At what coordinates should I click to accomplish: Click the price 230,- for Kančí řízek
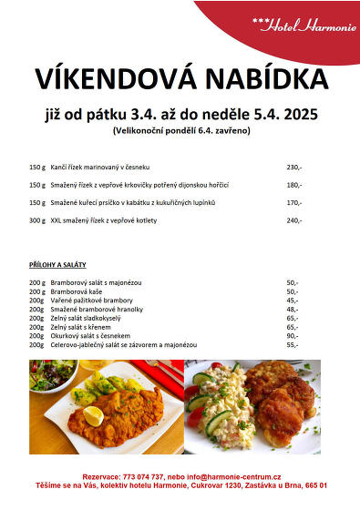pos(293,168)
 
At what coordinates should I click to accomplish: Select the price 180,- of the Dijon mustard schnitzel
pos(293,185)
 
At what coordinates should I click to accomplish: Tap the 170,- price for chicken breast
pos(293,202)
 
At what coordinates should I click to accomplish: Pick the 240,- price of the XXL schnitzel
pos(293,220)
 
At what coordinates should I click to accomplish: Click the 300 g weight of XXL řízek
pos(36,220)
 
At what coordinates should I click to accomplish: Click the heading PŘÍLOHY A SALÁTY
pos(57,264)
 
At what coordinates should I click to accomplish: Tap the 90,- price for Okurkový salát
pos(292,336)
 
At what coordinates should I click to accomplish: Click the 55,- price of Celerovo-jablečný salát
pos(292,345)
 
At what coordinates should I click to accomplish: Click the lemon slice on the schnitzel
pos(93,415)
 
